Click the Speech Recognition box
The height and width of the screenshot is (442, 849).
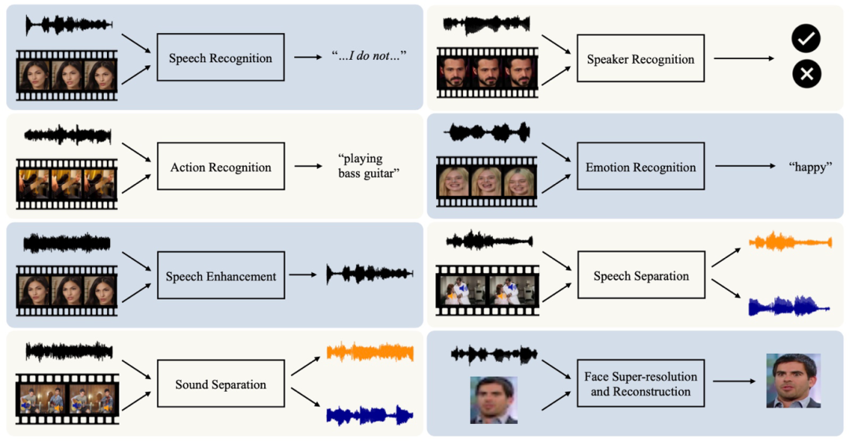pyautogui.click(x=220, y=57)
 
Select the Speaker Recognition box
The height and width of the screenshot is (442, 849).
pyautogui.click(x=641, y=59)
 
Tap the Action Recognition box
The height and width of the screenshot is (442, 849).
pyautogui.click(x=220, y=167)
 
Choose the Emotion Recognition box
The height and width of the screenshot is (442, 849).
pyautogui.click(x=641, y=167)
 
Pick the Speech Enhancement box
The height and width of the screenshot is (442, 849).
pyautogui.click(x=220, y=276)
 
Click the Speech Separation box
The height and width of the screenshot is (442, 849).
pyautogui.click(x=641, y=275)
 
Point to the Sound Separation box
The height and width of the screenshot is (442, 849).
pyautogui.click(x=220, y=385)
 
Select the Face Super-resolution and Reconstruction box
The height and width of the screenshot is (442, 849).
pyautogui.click(x=641, y=384)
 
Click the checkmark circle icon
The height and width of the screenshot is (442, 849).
pyautogui.click(x=806, y=38)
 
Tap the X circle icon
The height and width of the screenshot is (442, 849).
pyautogui.click(x=806, y=75)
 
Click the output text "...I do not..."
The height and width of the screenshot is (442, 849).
pyautogui.click(x=368, y=57)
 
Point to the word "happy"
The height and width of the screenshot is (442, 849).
pyautogui.click(x=809, y=167)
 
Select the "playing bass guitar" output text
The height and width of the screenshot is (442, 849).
pyautogui.click(x=368, y=167)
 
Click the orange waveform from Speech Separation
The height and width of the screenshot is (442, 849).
pyautogui.click(x=790, y=241)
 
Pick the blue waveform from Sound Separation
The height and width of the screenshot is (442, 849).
pyautogui.click(x=369, y=414)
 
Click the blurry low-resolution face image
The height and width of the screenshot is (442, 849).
pyautogui.click(x=494, y=400)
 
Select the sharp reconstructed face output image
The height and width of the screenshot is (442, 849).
pyautogui.click(x=793, y=381)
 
